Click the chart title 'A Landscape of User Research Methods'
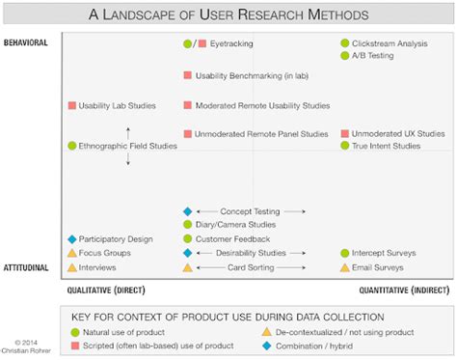click(228, 14)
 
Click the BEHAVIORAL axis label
click(26, 43)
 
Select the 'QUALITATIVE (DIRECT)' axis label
click(105, 290)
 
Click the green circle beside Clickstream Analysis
click(344, 43)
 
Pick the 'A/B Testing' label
click(374, 56)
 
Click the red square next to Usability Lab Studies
click(71, 105)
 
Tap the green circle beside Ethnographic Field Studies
click(71, 147)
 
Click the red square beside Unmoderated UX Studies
click(344, 134)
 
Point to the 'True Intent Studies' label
click(386, 146)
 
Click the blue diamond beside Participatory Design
click(71, 239)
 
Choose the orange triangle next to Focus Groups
click(71, 253)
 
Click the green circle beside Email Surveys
click(344, 267)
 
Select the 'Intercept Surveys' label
click(384, 253)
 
